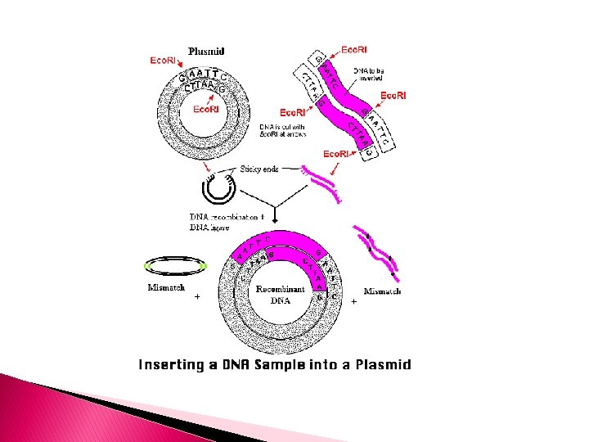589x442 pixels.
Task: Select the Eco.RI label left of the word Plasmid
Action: click(162, 60)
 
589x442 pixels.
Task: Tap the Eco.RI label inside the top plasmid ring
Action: click(205, 109)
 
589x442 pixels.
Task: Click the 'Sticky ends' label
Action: click(259, 169)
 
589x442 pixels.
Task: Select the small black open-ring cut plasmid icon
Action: click(219, 188)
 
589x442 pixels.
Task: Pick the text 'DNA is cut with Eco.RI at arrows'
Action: click(282, 131)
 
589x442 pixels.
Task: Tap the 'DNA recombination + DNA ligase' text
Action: click(226, 223)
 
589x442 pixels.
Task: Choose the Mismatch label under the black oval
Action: click(166, 287)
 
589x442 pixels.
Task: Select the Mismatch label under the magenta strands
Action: click(382, 291)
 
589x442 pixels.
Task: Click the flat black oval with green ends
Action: click(174, 266)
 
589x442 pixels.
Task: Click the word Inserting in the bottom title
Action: click(172, 364)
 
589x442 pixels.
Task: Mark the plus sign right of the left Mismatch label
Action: click(196, 299)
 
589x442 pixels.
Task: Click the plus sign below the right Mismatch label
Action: click(353, 302)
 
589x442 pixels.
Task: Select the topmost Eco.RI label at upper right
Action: click(353, 50)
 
